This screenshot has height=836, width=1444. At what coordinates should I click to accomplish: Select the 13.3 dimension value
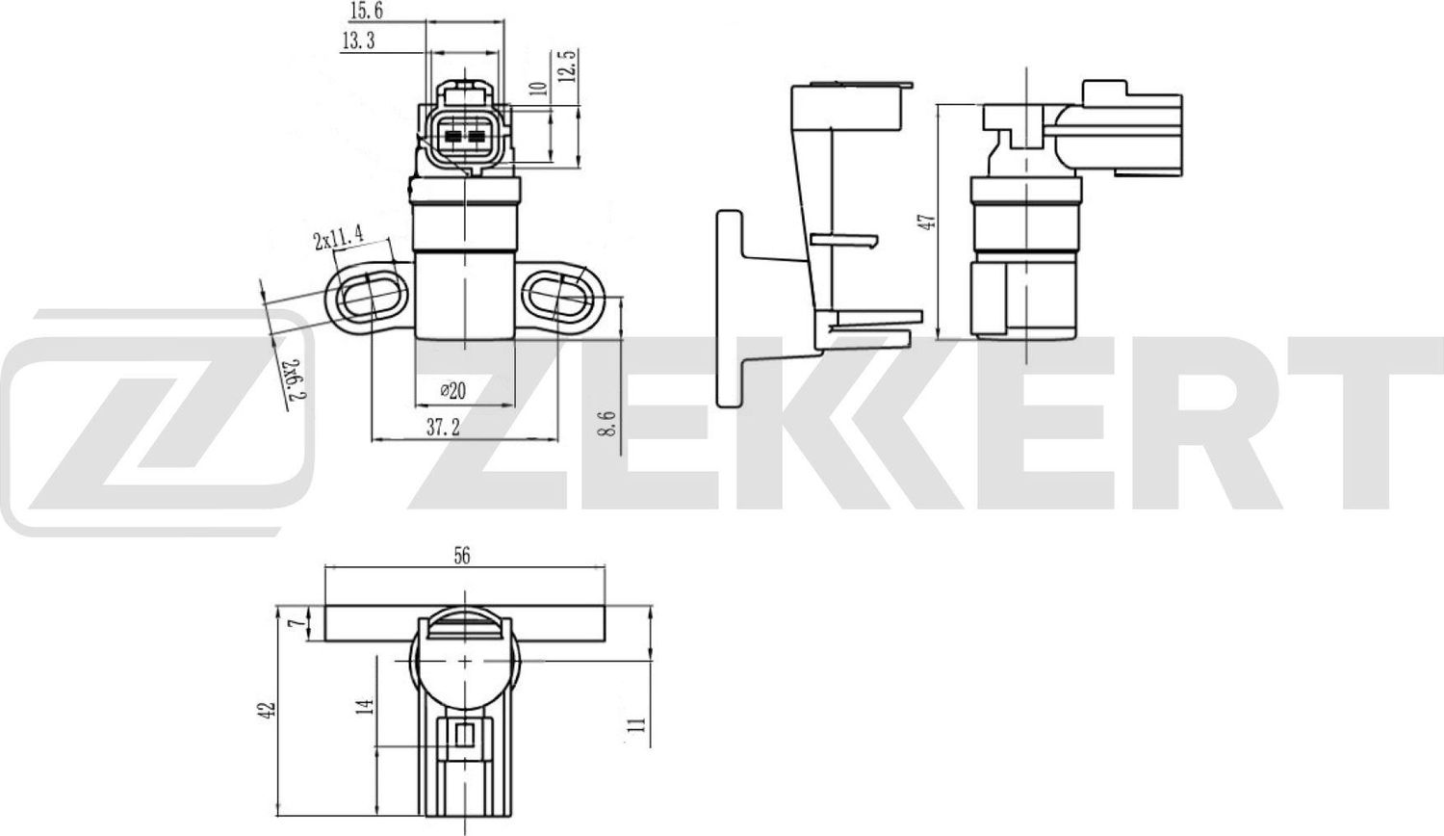point(357,40)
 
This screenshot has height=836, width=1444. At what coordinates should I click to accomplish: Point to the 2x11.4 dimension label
point(338,238)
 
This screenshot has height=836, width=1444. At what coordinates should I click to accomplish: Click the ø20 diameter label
point(452,390)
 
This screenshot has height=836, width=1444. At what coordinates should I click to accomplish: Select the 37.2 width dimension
point(443,428)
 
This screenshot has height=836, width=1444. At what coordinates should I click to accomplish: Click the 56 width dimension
point(461,556)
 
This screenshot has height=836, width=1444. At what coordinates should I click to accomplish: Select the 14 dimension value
point(364,707)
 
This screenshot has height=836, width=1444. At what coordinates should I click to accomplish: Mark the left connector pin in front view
point(452,137)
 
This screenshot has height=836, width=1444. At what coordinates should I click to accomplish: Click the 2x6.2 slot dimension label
point(295,379)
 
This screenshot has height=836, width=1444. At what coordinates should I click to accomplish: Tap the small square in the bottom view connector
point(464,737)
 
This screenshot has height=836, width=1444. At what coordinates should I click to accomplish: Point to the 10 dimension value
point(539,89)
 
